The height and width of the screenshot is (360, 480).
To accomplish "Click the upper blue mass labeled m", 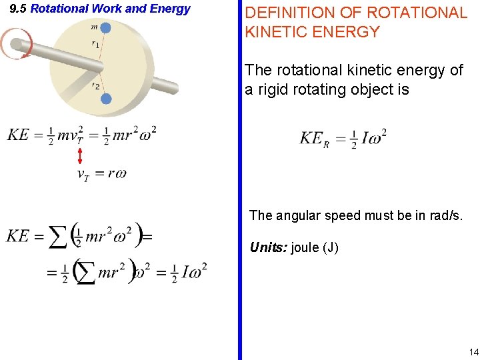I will tap(106, 28).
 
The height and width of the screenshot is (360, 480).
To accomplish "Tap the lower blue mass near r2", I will tap(106, 99).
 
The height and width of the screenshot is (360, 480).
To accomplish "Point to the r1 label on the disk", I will tap(97, 44).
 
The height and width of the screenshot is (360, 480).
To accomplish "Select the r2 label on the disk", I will tap(97, 86).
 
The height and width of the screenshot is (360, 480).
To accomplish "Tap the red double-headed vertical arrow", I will tap(80, 156).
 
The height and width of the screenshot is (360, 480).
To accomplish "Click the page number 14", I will tap(473, 352).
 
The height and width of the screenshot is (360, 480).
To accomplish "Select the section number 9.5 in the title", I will tap(18, 9).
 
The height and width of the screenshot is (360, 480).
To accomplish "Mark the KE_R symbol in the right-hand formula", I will tap(314, 139).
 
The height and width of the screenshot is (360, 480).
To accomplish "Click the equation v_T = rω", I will tap(101, 175).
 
